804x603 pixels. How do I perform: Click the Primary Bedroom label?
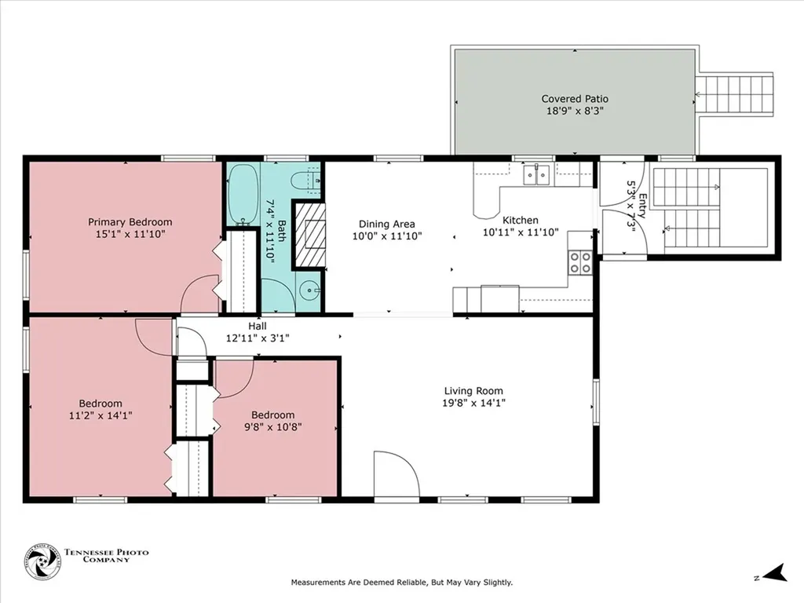[130, 222]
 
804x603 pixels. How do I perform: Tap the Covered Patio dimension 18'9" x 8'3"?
[575, 111]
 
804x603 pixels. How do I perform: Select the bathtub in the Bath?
[243, 195]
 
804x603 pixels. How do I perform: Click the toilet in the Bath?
[306, 181]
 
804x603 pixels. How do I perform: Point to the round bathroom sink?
[309, 291]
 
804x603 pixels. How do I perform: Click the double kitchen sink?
[536, 174]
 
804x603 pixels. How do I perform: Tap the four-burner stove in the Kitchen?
[580, 262]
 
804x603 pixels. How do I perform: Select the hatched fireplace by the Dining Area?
[309, 236]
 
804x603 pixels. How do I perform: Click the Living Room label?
[473, 391]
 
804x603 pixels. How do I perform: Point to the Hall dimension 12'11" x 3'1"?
[258, 338]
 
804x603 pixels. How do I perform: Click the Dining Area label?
[386, 224]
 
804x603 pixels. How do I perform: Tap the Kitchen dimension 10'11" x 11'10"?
[521, 232]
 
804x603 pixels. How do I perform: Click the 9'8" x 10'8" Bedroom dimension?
[272, 426]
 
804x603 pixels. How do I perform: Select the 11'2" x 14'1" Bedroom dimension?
[100, 415]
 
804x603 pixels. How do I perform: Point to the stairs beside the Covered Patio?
[734, 95]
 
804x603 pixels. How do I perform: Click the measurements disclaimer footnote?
[402, 583]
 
